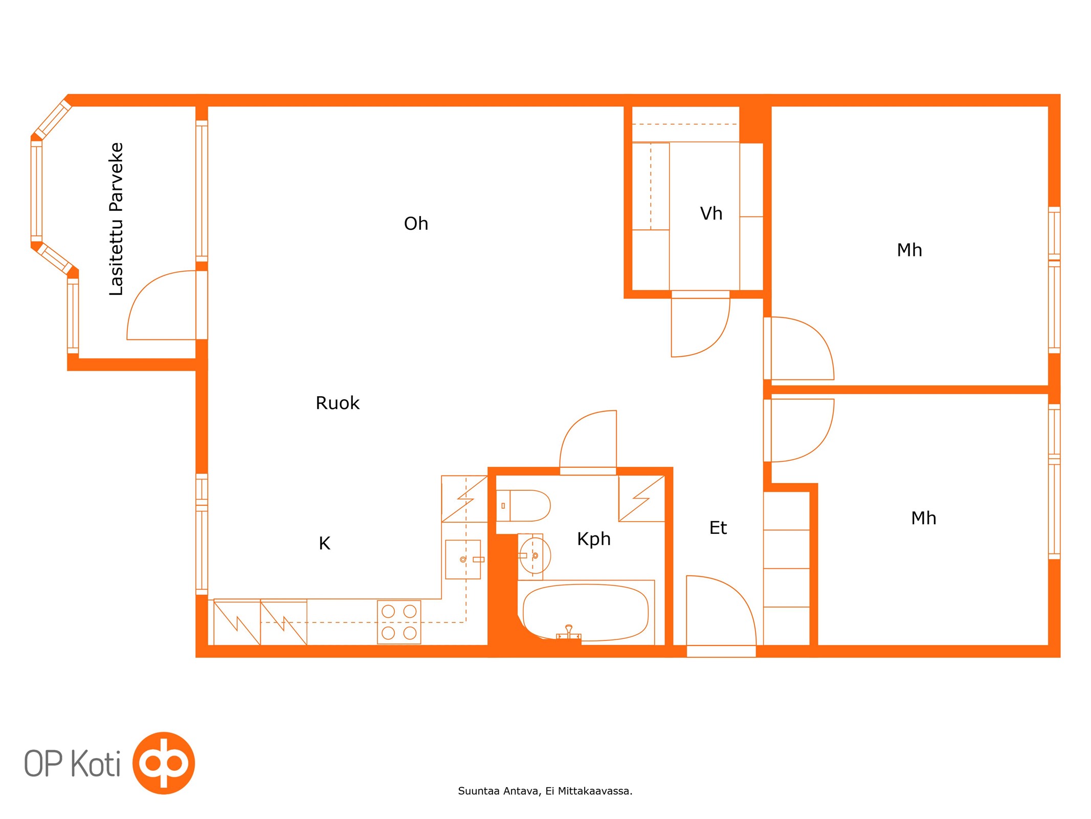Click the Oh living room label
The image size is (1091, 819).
[416, 224]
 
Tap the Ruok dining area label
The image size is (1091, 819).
[338, 403]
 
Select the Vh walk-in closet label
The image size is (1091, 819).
[711, 213]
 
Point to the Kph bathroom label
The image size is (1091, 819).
[594, 540]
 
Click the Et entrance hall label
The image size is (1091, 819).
[718, 528]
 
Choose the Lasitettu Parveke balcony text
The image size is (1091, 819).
[117, 219]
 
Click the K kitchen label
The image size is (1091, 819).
[325, 544]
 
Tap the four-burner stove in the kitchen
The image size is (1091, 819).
[399, 622]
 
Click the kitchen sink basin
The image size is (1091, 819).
[463, 559]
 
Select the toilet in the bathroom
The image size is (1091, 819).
[523, 506]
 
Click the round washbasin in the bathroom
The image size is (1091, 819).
[535, 556]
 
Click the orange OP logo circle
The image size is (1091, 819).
[164, 763]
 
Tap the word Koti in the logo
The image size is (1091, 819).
[96, 764]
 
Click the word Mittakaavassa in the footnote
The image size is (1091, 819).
[595, 791]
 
